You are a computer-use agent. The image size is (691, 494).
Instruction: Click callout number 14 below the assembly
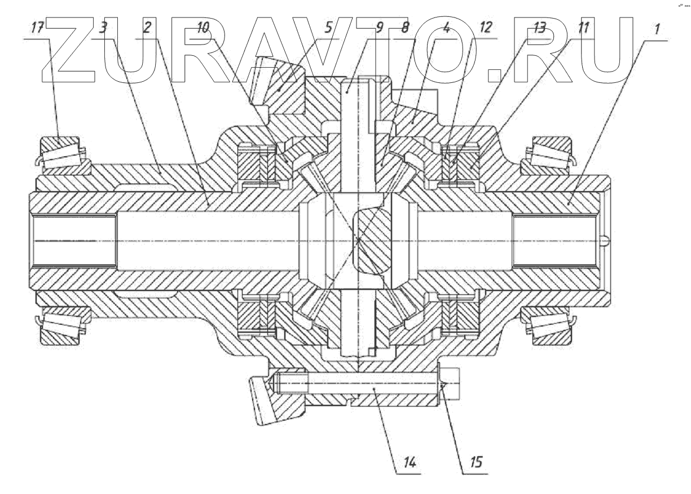pyautogui.click(x=410, y=462)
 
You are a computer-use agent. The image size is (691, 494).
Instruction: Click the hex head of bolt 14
pyautogui.click(x=452, y=384)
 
